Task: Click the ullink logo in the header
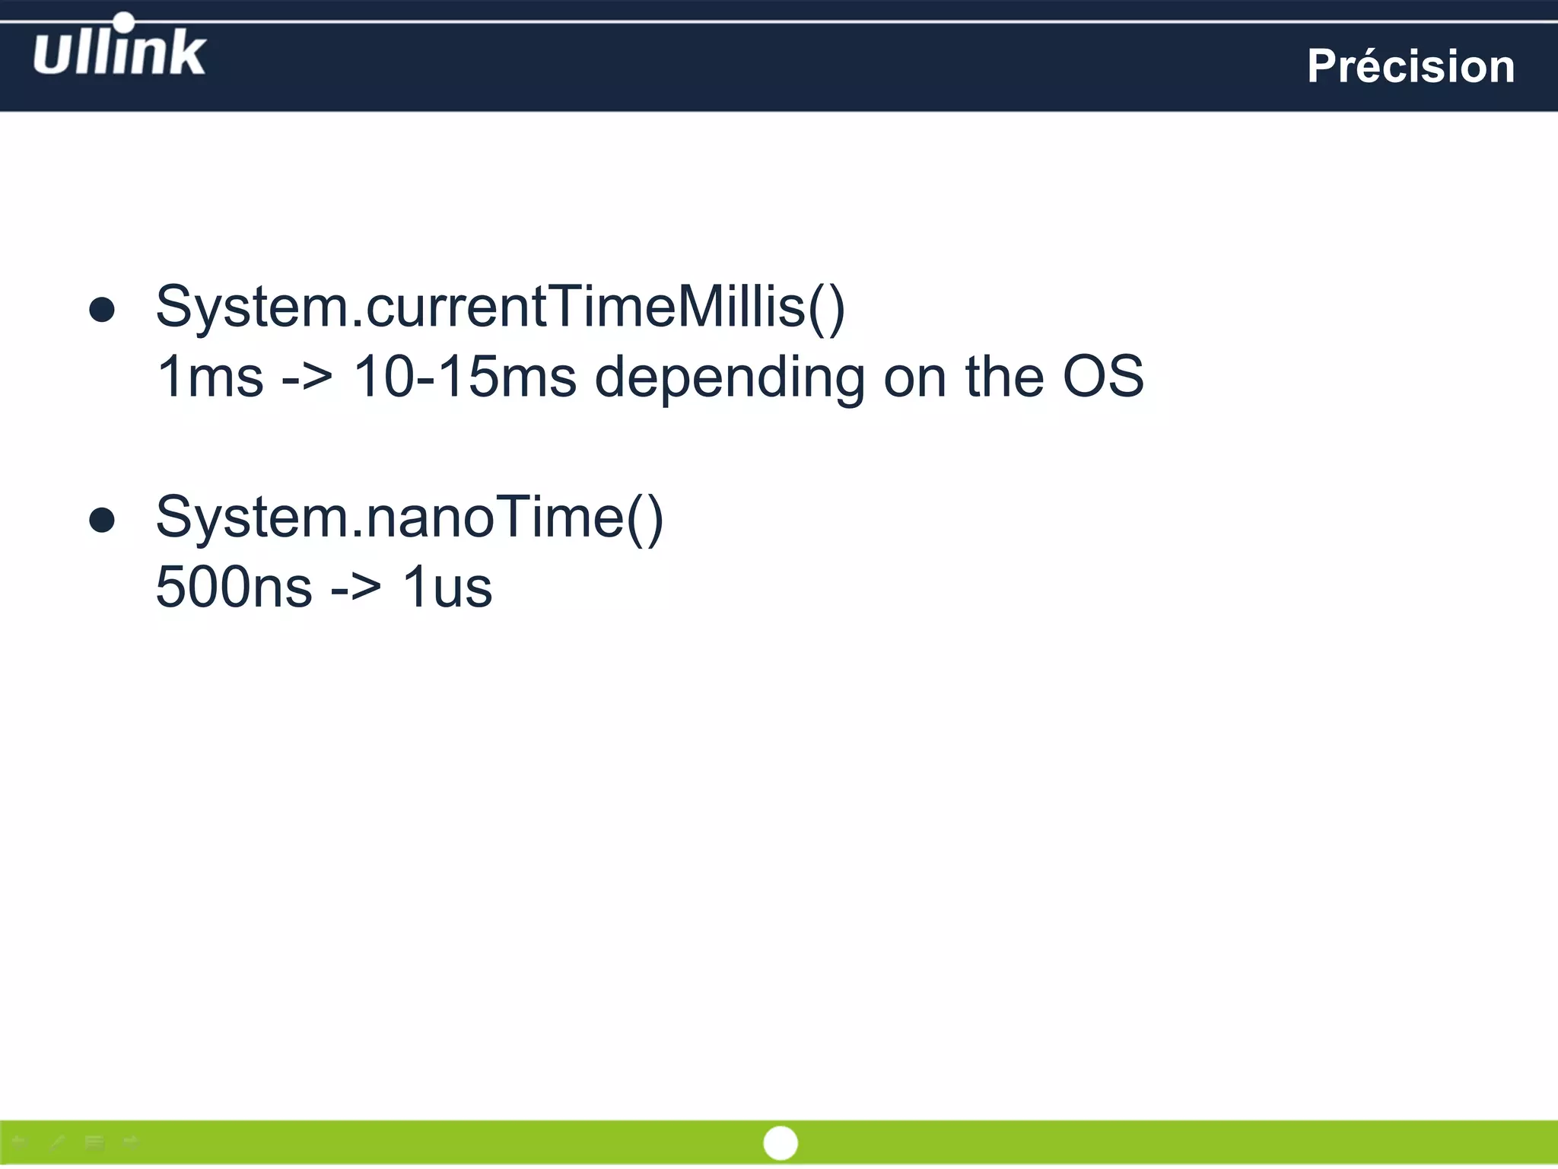tap(119, 52)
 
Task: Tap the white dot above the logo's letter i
tap(123, 22)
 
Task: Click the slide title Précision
tap(1410, 66)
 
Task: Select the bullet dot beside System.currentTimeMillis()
tap(102, 310)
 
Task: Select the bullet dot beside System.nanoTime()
tap(102, 521)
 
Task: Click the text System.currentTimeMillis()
tap(500, 307)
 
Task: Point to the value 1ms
tap(209, 377)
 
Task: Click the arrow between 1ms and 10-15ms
tap(307, 377)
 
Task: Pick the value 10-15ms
tap(465, 377)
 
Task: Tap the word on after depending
tap(915, 377)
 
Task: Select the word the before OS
tap(1005, 377)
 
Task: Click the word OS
tap(1103, 377)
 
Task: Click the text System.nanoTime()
tap(409, 518)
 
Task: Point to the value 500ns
tap(234, 587)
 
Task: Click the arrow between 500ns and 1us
tap(356, 588)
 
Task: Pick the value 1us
tap(447, 587)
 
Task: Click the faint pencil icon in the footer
tap(57, 1142)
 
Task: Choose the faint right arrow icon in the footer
tap(131, 1142)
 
